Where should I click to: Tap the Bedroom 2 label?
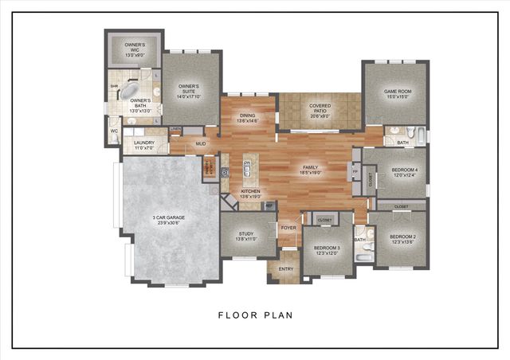pos(402,238)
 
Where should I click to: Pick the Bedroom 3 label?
pos(327,250)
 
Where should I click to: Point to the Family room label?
pos(310,170)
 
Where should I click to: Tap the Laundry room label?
pos(143,145)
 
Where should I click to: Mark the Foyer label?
pos(288,228)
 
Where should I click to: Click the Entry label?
pos(285,269)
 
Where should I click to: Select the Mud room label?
pos(201,144)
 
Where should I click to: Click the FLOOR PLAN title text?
pos(255,315)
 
